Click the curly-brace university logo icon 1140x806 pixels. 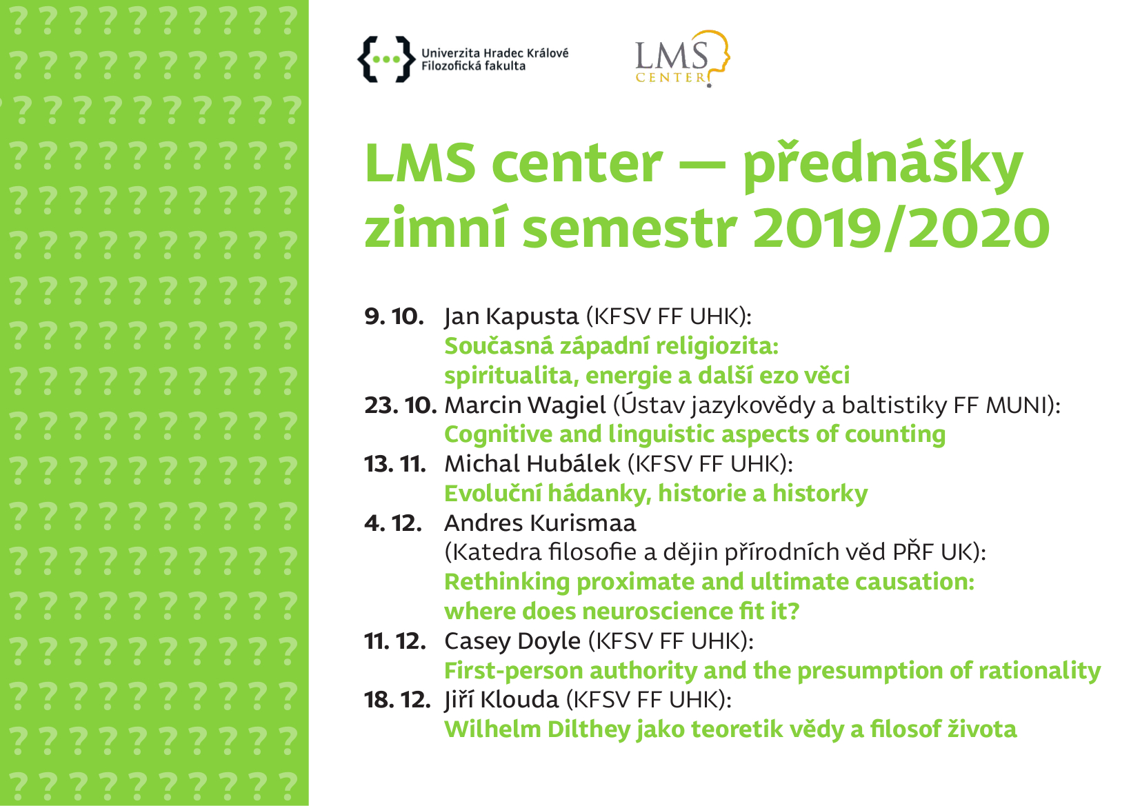coord(386,59)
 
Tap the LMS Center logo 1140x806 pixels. coord(683,59)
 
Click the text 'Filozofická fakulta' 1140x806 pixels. coord(473,66)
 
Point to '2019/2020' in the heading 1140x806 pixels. coord(901,228)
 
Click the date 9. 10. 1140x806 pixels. coord(394,316)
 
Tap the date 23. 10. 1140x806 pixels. coord(401,405)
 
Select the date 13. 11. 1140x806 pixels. coord(395,464)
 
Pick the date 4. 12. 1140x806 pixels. coord(393,523)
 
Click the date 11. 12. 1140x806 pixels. coord(395,641)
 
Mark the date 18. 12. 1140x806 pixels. coord(397,700)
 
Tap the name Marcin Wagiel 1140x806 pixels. coord(526,406)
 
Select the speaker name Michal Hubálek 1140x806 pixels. coord(532,464)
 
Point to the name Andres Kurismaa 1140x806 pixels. coord(541,523)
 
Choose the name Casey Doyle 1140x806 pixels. coord(512,642)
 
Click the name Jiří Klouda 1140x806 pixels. coord(501,700)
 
